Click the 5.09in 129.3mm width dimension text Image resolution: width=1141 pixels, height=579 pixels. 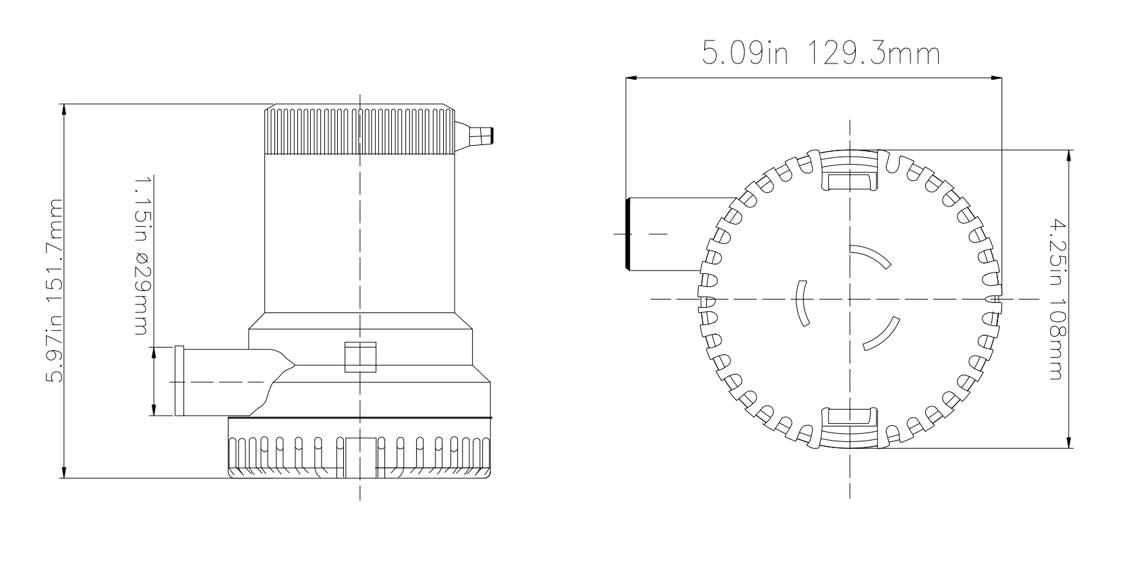click(x=821, y=53)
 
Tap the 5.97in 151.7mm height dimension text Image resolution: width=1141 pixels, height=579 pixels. click(x=55, y=291)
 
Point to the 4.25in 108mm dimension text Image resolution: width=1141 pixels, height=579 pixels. click(x=1058, y=299)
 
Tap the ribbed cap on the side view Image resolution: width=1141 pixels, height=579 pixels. click(x=359, y=130)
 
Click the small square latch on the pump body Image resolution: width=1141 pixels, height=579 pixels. click(x=360, y=357)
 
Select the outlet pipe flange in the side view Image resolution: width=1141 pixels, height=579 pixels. click(x=179, y=381)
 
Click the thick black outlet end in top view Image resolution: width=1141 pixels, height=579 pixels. click(x=628, y=234)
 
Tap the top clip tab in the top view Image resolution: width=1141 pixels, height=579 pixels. click(x=850, y=171)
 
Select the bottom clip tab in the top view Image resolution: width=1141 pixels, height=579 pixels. click(x=850, y=427)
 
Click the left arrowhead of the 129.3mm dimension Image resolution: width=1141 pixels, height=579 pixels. click(x=631, y=78)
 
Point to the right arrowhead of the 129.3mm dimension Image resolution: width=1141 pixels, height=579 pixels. click(x=996, y=78)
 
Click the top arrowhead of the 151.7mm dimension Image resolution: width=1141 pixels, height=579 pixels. click(x=63, y=110)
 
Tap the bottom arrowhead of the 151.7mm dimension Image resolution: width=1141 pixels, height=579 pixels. click(x=63, y=472)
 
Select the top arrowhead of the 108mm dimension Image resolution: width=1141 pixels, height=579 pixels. click(x=1068, y=156)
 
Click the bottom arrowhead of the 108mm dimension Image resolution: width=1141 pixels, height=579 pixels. click(x=1068, y=443)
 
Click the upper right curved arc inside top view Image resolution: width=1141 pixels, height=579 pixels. click(x=872, y=255)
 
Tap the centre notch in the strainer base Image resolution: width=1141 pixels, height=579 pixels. click(x=360, y=457)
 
